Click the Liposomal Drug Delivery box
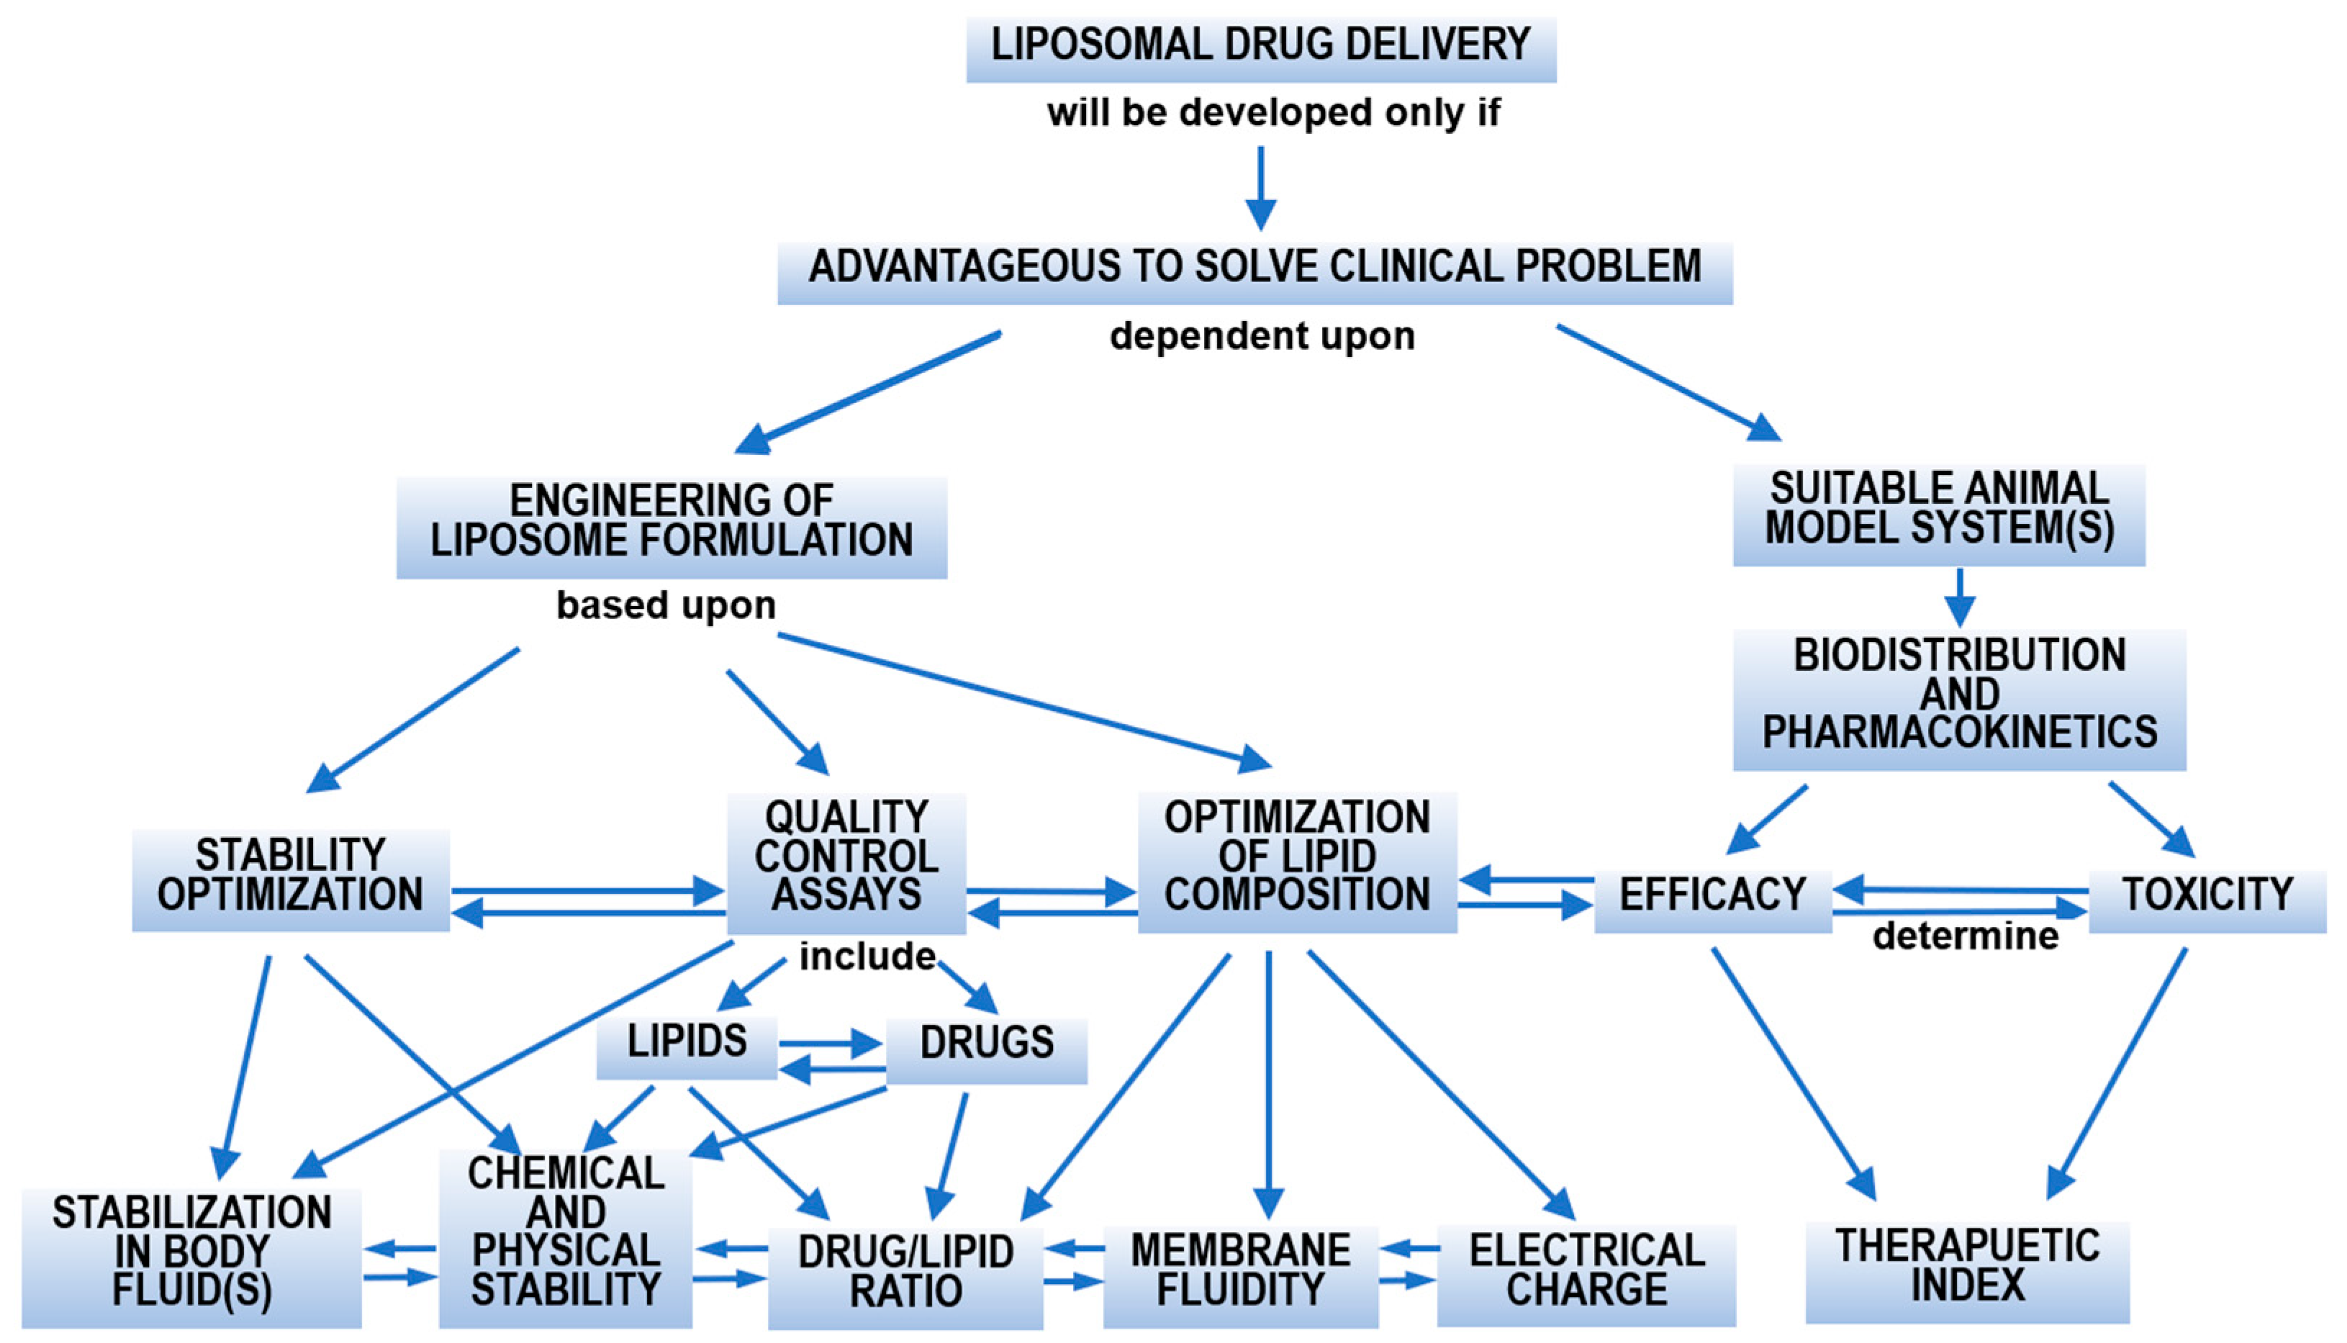1261,48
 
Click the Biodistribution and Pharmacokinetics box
1959,698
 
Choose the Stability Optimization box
291,878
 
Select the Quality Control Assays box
846,862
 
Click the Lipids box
687,1046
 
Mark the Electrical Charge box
1586,1275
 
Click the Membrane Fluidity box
1240,1275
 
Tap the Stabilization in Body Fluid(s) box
192,1257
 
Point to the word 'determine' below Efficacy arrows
1966,936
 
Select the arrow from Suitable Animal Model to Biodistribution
1959,597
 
